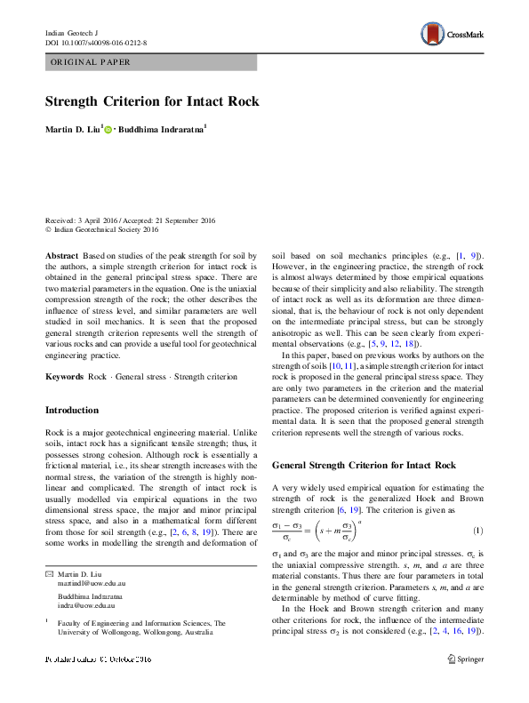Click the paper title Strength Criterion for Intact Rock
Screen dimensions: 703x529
(152, 101)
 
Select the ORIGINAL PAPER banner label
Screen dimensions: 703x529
(90, 62)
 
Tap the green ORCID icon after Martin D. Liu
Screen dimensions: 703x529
(109, 130)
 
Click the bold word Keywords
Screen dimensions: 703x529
(65, 377)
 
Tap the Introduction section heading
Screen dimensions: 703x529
(73, 411)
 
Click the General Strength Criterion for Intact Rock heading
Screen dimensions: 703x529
(363, 465)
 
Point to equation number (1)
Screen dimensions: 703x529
(478, 531)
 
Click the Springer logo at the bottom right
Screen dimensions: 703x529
(467, 684)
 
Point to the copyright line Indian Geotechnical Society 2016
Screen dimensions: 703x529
(106, 229)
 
